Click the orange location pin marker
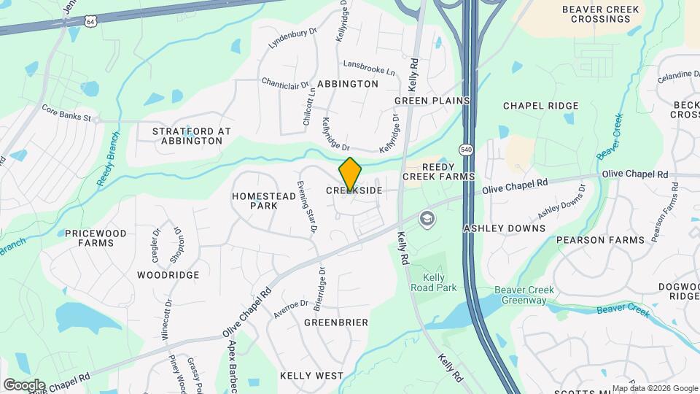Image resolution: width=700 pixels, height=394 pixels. click(350, 174)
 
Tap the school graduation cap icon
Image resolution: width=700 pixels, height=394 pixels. click(426, 218)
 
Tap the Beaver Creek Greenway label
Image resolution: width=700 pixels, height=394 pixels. click(524, 295)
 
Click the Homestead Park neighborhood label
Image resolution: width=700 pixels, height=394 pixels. click(254, 201)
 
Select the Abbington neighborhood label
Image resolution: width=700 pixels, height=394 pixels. click(348, 84)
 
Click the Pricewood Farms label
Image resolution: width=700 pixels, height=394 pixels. click(96, 238)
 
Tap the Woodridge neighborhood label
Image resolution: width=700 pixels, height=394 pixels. click(168, 275)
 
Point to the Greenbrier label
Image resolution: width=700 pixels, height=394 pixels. click(336, 322)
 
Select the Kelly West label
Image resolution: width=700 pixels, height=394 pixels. click(311, 376)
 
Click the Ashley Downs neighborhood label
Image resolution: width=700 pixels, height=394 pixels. click(505, 228)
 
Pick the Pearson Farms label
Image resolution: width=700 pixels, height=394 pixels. click(600, 239)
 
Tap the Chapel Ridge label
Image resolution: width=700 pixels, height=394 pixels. click(540, 106)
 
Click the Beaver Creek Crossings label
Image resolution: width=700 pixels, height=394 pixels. click(601, 15)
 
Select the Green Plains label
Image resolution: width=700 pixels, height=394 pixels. click(432, 100)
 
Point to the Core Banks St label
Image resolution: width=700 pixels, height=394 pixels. click(66, 115)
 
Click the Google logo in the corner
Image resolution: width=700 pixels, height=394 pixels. click(24, 385)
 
